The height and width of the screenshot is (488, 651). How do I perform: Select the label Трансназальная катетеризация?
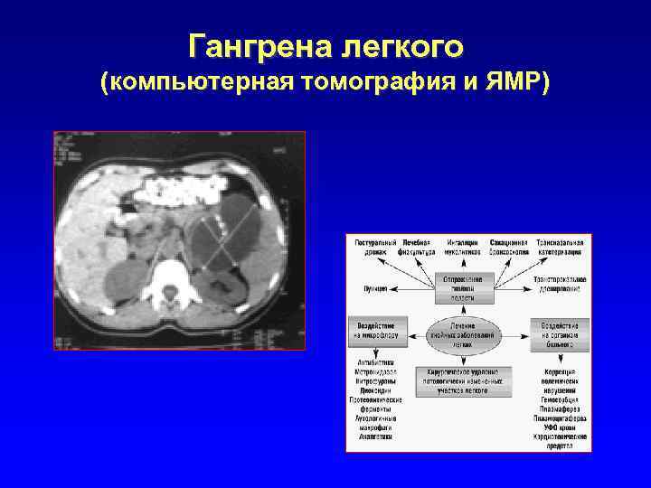point(561,248)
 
